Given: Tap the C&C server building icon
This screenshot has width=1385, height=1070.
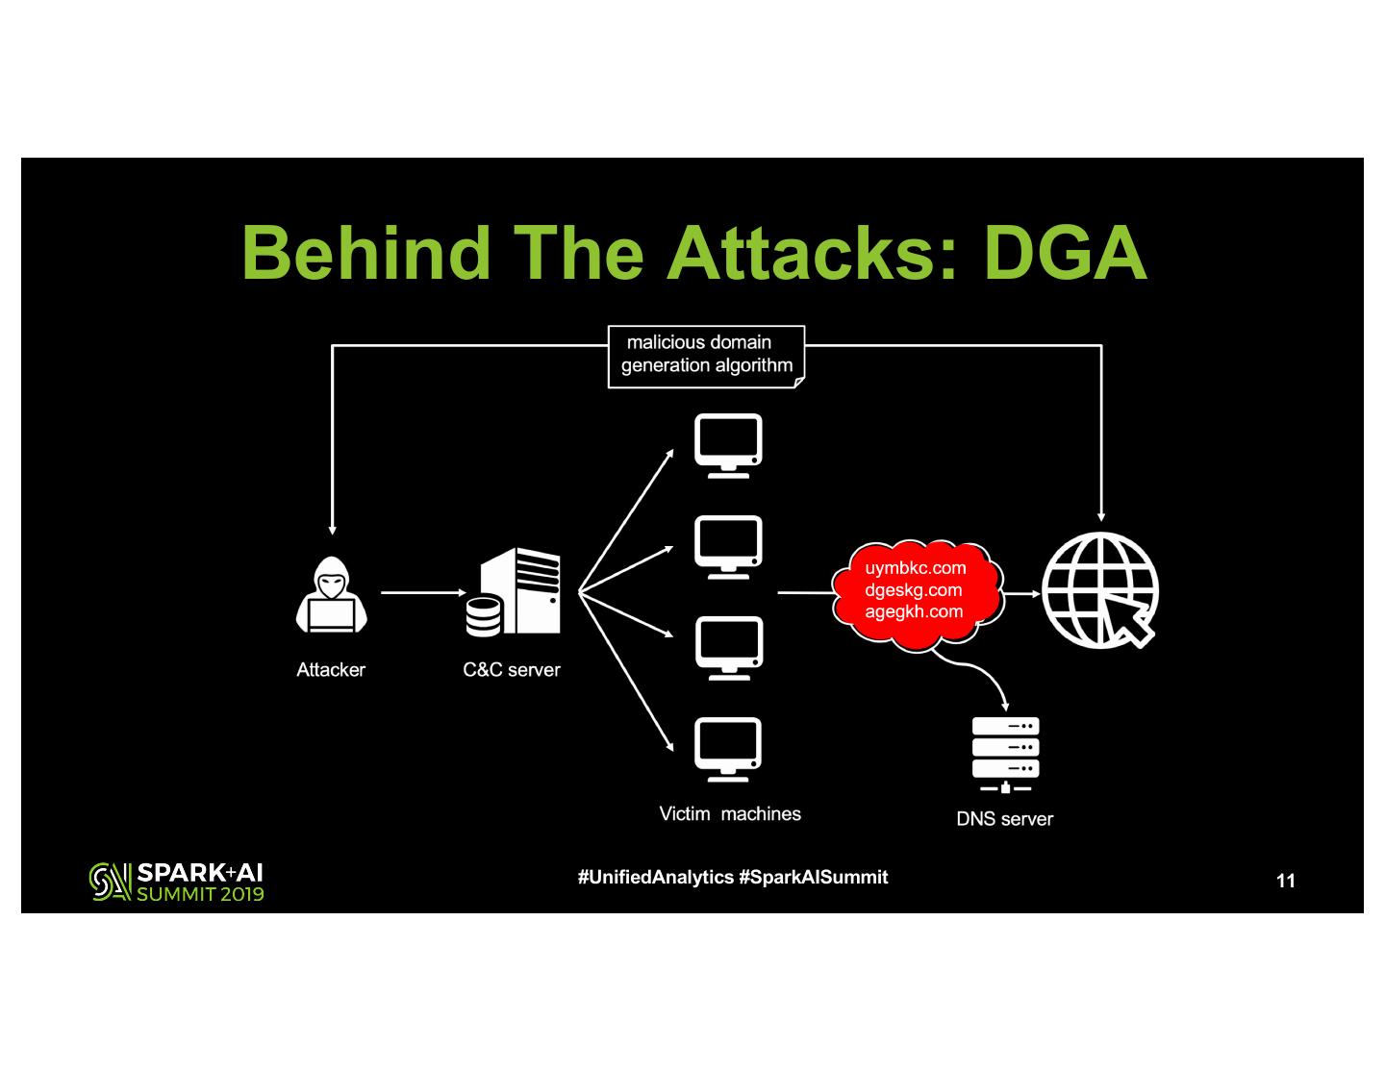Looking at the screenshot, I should click(514, 592).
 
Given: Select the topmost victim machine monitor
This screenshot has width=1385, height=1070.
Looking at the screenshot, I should click(728, 445).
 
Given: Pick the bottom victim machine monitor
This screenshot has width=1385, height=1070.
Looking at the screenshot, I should click(728, 749).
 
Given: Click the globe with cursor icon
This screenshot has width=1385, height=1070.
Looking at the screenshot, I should click(1100, 590).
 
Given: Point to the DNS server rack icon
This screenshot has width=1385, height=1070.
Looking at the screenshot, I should click(1005, 756).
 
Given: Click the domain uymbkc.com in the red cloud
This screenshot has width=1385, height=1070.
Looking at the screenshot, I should click(915, 568).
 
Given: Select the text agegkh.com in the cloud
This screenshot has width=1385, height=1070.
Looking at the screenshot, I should click(913, 611).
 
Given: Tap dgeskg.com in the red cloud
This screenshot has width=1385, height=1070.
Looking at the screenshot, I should click(913, 590).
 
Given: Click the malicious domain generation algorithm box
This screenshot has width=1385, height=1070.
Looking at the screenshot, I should click(706, 356).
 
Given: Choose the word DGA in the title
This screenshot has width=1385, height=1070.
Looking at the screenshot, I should click(1065, 253).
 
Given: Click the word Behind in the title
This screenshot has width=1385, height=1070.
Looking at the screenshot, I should click(365, 253).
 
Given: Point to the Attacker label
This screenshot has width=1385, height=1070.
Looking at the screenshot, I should click(331, 670).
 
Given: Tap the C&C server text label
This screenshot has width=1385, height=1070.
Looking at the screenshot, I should click(511, 670).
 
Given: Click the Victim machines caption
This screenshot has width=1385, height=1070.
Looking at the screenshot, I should click(729, 814).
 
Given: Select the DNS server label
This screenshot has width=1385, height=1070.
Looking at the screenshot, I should click(1004, 819).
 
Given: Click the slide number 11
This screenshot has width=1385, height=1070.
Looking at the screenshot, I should click(1285, 881).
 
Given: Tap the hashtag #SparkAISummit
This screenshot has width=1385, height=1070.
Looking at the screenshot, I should click(814, 878).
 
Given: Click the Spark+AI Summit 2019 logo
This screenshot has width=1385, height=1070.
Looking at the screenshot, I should click(177, 882).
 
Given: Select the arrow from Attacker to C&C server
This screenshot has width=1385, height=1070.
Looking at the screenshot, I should click(423, 593).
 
